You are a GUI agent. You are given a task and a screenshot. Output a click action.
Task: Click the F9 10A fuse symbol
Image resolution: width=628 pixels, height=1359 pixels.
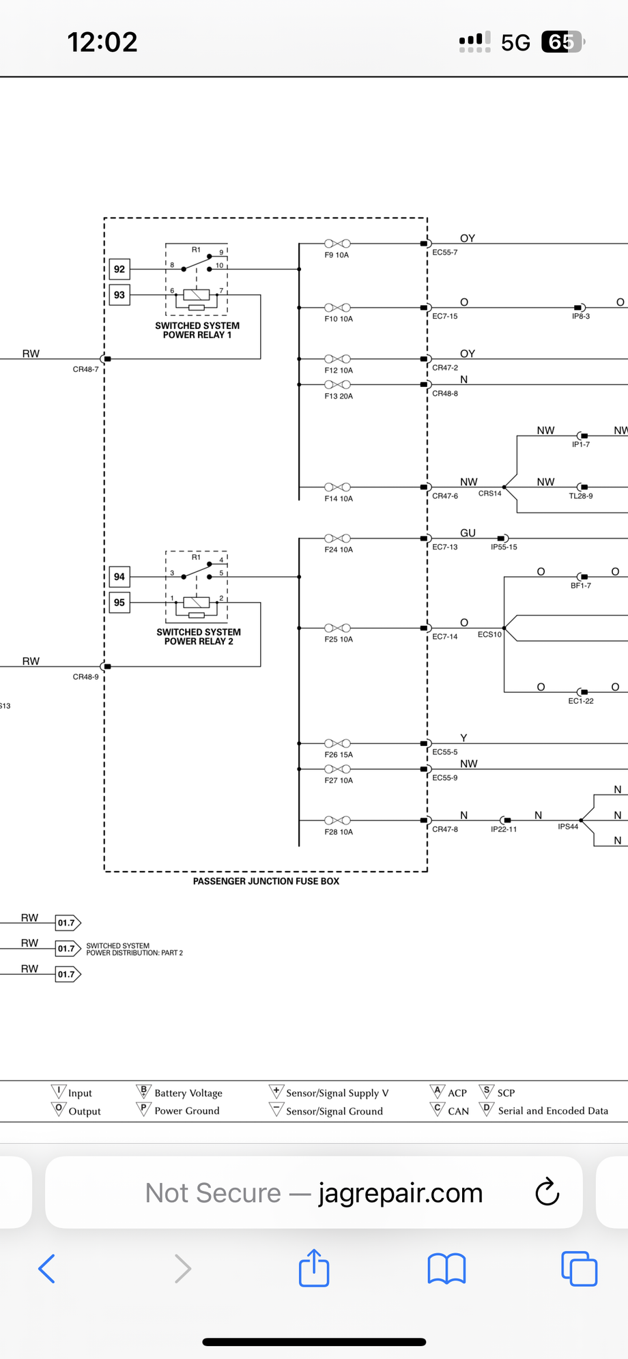click(337, 244)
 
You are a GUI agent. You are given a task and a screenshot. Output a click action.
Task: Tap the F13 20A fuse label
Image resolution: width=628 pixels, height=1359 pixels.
click(339, 397)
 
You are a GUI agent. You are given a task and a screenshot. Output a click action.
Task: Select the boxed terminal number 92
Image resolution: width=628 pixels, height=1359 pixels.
click(119, 270)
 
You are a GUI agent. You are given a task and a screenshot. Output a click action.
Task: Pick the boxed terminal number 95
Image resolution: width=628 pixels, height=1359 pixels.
click(119, 603)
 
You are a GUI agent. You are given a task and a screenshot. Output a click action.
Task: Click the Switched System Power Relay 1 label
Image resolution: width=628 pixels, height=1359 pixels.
click(197, 330)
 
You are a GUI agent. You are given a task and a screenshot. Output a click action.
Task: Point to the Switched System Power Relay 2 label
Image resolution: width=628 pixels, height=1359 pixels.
click(199, 637)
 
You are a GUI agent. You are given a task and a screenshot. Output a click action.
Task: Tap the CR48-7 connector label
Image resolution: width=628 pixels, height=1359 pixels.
click(85, 369)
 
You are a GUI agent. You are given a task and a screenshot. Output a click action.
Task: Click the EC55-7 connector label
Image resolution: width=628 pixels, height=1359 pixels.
click(445, 253)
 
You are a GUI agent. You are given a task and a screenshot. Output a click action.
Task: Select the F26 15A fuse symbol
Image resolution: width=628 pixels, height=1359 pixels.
click(337, 743)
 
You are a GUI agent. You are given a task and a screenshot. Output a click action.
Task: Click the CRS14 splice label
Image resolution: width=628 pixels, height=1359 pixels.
click(489, 493)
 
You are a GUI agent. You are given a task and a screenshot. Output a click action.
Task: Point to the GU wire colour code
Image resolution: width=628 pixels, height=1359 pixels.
click(468, 533)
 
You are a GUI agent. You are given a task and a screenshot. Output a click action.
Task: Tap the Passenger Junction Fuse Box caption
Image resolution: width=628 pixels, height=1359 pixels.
click(266, 881)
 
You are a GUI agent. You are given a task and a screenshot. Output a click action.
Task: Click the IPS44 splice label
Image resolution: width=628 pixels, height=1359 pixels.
click(568, 827)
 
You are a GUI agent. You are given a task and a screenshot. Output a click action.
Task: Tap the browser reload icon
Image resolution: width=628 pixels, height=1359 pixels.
click(547, 1192)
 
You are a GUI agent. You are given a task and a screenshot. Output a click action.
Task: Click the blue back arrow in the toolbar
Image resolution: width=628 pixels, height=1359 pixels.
click(46, 1269)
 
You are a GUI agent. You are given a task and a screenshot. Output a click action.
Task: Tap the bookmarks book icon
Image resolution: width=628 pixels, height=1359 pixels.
click(446, 1269)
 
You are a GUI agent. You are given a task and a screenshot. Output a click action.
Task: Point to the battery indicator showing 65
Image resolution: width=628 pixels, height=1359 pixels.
click(562, 42)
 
